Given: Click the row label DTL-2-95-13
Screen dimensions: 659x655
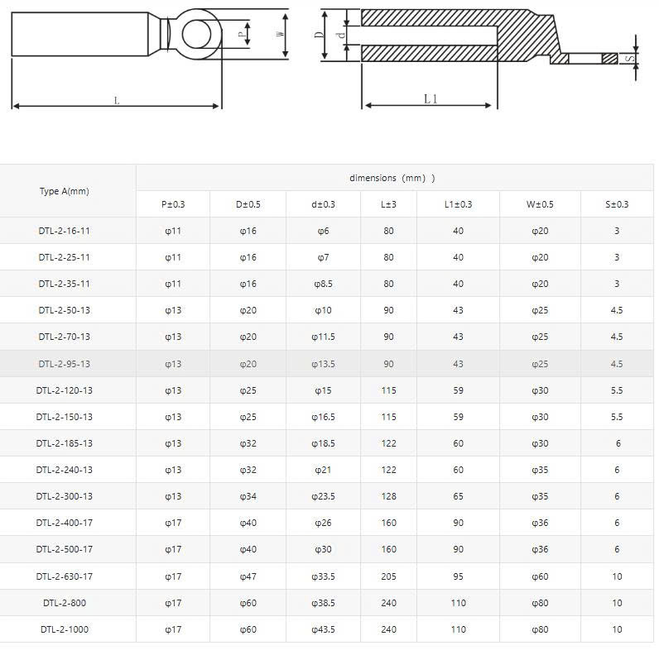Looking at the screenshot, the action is [x=65, y=364].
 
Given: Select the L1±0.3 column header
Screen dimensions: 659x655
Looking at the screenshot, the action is [x=458, y=204].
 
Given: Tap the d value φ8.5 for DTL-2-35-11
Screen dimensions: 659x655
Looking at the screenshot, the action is [x=323, y=284].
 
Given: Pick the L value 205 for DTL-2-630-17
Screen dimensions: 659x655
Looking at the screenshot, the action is [x=388, y=576].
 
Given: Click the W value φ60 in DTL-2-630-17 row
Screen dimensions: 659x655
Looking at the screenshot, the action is [x=540, y=576].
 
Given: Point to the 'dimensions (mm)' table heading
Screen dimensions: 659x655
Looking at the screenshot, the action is [x=392, y=178].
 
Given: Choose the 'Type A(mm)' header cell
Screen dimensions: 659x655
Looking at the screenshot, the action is [x=65, y=192].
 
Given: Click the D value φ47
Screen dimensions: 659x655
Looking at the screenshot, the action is [x=248, y=576].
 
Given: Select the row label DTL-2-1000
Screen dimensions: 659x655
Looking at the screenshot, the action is [x=65, y=629].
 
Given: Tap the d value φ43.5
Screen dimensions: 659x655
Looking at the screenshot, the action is [x=323, y=629].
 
